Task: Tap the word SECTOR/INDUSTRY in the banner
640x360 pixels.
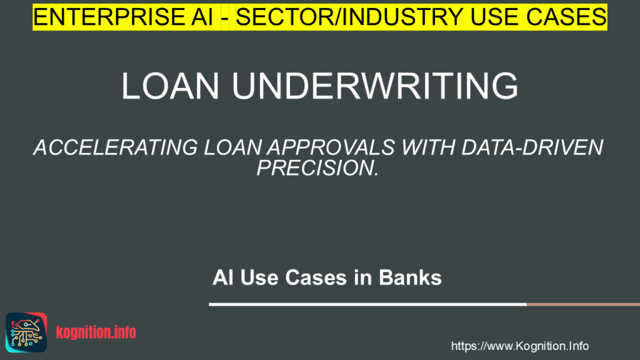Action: (349, 17)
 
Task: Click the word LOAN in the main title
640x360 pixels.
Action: (170, 86)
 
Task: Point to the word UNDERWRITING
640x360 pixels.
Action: (375, 86)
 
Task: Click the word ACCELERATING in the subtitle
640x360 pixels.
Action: (116, 147)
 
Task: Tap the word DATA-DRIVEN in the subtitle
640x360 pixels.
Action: (532, 147)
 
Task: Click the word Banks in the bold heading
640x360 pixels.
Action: (410, 277)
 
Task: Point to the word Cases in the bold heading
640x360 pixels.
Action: (316, 277)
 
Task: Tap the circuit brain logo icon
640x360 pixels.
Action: (26, 332)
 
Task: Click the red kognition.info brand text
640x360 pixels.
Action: (96, 332)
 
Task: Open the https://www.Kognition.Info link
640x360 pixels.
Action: (519, 346)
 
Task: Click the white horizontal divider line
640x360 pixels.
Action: (367, 304)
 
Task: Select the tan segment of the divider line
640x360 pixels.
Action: (583, 304)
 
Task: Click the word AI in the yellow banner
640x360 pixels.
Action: (198, 17)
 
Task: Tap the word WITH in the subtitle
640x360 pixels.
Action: (428, 147)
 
